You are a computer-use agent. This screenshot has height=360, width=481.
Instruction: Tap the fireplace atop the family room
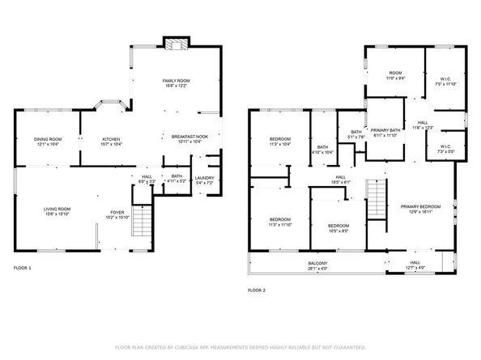pos(174,44)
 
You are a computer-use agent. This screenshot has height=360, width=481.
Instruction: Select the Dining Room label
pos(47,140)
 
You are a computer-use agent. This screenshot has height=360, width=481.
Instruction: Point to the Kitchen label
pos(110,140)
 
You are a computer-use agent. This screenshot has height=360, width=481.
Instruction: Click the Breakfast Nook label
pos(189,138)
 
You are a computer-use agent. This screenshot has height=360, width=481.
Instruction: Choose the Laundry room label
pos(204,179)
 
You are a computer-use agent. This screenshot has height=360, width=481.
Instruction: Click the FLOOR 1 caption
pos(23,267)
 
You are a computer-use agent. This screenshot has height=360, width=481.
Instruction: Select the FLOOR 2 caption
pos(256,290)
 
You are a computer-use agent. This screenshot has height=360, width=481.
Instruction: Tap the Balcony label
pos(317,262)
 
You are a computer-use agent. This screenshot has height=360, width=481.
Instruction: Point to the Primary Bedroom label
pos(421,206)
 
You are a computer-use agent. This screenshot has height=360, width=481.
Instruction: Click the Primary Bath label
pos(385,130)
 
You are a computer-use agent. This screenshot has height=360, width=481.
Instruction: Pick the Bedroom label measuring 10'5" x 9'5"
pos(338,226)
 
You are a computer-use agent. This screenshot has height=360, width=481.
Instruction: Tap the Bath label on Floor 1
pos(175,177)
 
